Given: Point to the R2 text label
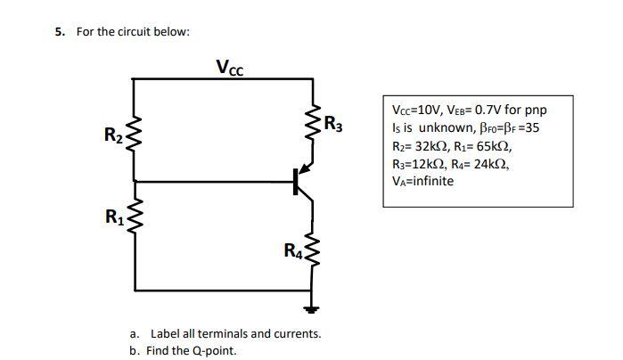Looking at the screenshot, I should (x=114, y=136).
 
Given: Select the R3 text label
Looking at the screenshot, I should (x=332, y=123).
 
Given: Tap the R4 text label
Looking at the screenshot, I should (x=293, y=251).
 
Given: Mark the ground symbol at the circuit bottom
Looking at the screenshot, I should (x=312, y=309).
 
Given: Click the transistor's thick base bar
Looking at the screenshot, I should (x=295, y=181).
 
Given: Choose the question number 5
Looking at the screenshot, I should (x=60, y=32).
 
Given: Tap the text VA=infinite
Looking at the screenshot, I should (x=423, y=181).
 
